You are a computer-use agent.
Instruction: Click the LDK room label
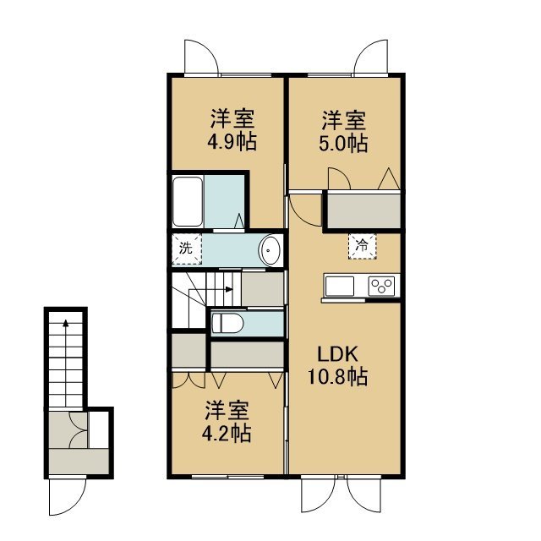pyautogui.click(x=337, y=354)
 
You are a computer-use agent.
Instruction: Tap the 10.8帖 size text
pyautogui.click(x=337, y=377)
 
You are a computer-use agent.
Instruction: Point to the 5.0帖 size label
pyautogui.click(x=343, y=143)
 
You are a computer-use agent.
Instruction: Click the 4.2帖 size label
pyautogui.click(x=227, y=434)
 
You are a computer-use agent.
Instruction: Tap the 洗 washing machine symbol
pyautogui.click(x=187, y=249)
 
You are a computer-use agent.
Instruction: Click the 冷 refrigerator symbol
pyautogui.click(x=362, y=246)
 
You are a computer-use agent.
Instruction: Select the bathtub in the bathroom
pyautogui.click(x=188, y=201)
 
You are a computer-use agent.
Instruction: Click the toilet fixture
pyautogui.click(x=227, y=323)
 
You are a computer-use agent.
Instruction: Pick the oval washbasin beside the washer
pyautogui.click(x=270, y=250)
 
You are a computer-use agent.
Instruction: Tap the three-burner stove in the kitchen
pyautogui.click(x=381, y=286)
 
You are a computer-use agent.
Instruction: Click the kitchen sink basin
pyautogui.click(x=340, y=286)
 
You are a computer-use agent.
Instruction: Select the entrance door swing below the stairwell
pyautogui.click(x=68, y=495)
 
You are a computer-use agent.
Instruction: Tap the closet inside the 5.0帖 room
pyautogui.click(x=363, y=210)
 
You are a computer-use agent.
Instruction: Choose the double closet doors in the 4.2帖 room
pyautogui.click(x=189, y=380)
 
